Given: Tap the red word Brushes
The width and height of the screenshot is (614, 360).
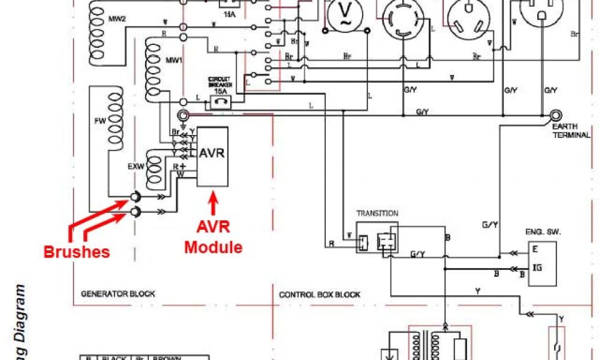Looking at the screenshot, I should coord(76,251).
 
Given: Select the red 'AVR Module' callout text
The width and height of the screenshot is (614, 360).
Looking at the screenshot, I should coord(212,238).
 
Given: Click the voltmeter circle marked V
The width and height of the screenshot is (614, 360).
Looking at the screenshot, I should coord(345,13).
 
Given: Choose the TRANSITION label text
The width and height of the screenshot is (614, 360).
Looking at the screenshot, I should coord(377,213).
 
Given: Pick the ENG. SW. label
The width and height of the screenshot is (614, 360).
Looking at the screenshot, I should coord(538,231).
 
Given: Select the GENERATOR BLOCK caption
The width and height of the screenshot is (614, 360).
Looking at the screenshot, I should coord(118,294).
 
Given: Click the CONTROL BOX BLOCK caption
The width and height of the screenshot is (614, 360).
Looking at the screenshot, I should coord(320,295).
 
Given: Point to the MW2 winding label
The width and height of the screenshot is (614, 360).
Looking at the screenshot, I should coord(117,19).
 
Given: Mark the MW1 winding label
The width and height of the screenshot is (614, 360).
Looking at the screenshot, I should coord(173,61).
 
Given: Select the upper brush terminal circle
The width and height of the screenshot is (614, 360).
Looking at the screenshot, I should coord(134,197).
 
